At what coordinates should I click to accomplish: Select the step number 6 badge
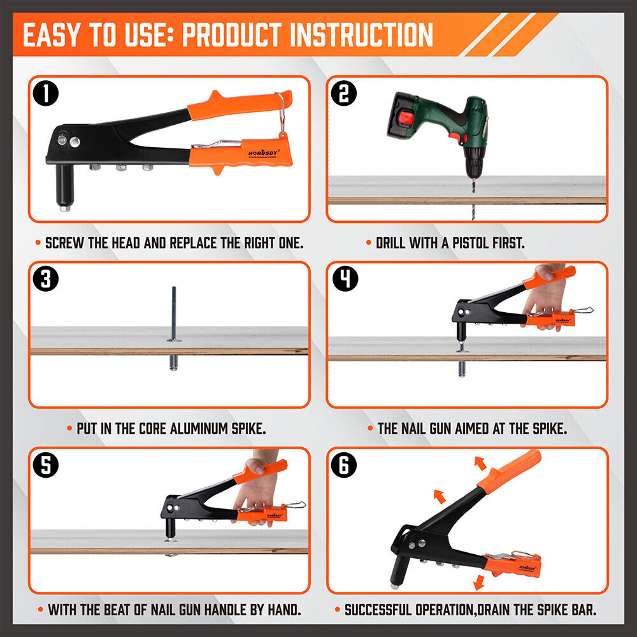tap(345, 464)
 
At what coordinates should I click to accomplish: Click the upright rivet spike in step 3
tap(173, 312)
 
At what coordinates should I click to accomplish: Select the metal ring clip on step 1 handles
tap(280, 115)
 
